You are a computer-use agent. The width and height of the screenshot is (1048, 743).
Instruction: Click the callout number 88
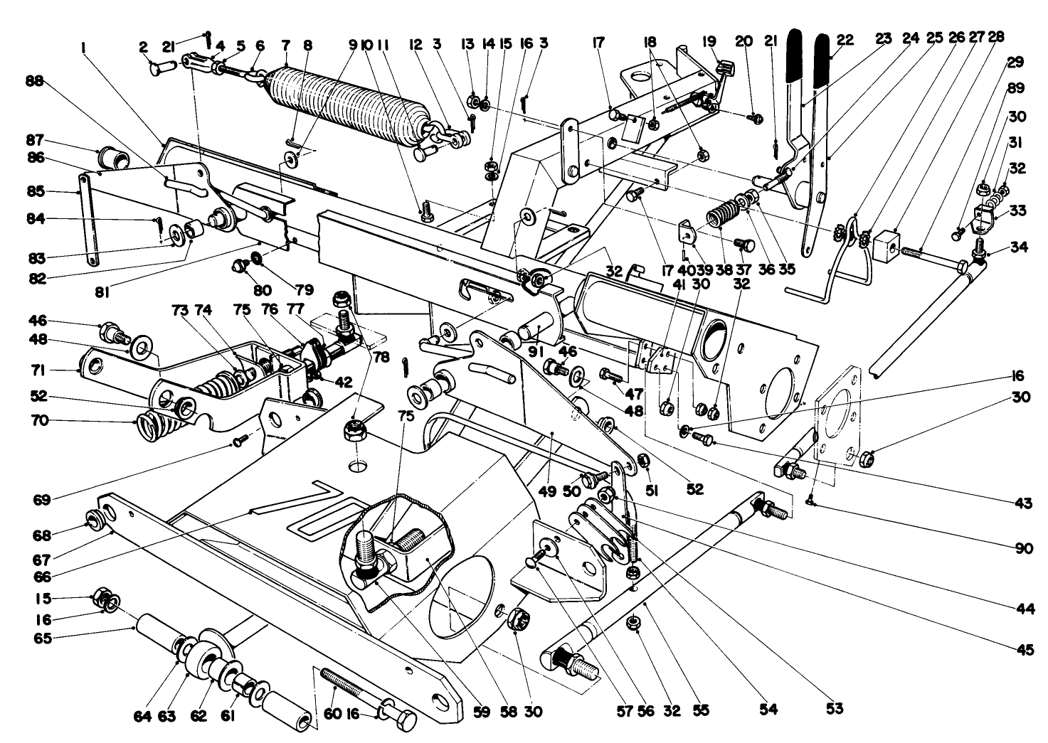tap(34, 82)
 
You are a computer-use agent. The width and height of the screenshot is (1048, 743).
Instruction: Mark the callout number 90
tap(1022, 549)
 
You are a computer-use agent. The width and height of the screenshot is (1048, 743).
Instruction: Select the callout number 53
tap(835, 709)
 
